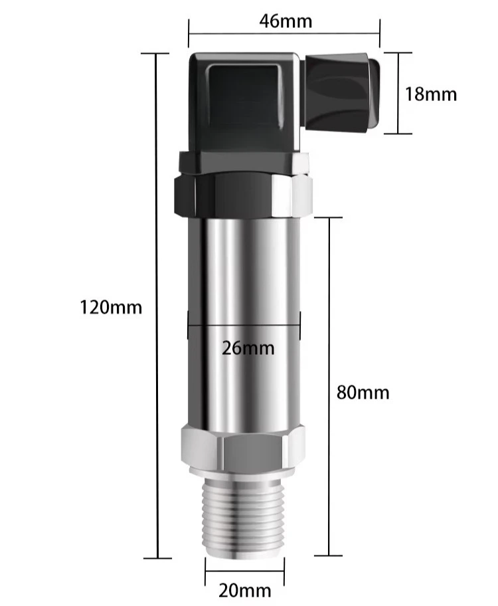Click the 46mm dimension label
(x=286, y=21)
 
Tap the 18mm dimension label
(x=431, y=94)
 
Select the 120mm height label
(x=111, y=308)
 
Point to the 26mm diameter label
(x=248, y=348)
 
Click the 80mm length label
(x=363, y=392)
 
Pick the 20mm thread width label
(x=245, y=591)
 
